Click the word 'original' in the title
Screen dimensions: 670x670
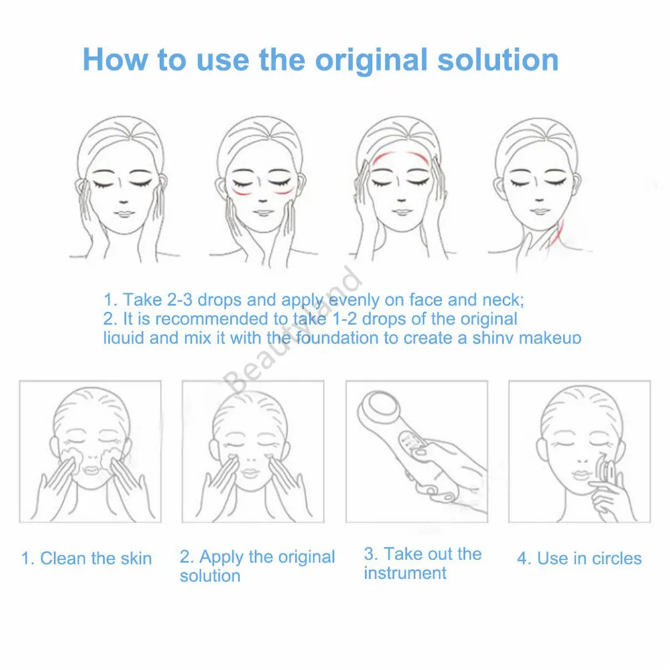(x=372, y=60)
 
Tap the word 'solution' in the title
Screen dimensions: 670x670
(x=498, y=60)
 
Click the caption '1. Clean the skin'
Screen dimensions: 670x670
(x=86, y=558)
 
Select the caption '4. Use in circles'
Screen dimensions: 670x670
(x=579, y=558)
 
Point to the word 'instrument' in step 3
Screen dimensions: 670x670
(x=405, y=574)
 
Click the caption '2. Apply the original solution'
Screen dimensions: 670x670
(x=257, y=565)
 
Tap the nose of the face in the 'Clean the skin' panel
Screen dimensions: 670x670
(x=89, y=461)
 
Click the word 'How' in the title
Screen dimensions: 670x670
(x=115, y=60)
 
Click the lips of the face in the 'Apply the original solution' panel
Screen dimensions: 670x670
(x=250, y=474)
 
